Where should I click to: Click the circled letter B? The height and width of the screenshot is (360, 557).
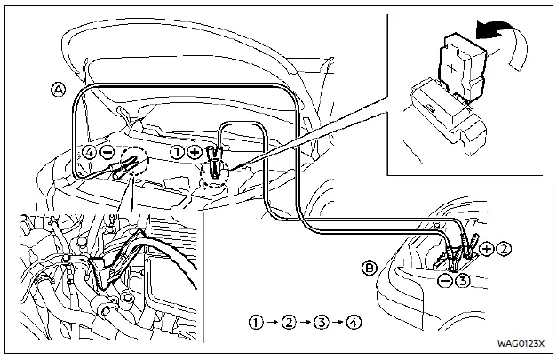pyautogui.click(x=370, y=266)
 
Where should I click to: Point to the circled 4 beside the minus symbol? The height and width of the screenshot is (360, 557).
pyautogui.click(x=88, y=151)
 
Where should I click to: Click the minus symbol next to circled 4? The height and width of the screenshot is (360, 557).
pyautogui.click(x=106, y=151)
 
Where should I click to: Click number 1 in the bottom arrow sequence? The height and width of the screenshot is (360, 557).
pyautogui.click(x=257, y=321)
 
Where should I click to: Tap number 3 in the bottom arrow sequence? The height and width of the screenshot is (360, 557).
pyautogui.click(x=323, y=321)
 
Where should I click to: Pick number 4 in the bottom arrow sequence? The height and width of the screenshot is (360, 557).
pyautogui.click(x=356, y=321)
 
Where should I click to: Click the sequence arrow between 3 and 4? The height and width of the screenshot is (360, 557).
pyautogui.click(x=340, y=321)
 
